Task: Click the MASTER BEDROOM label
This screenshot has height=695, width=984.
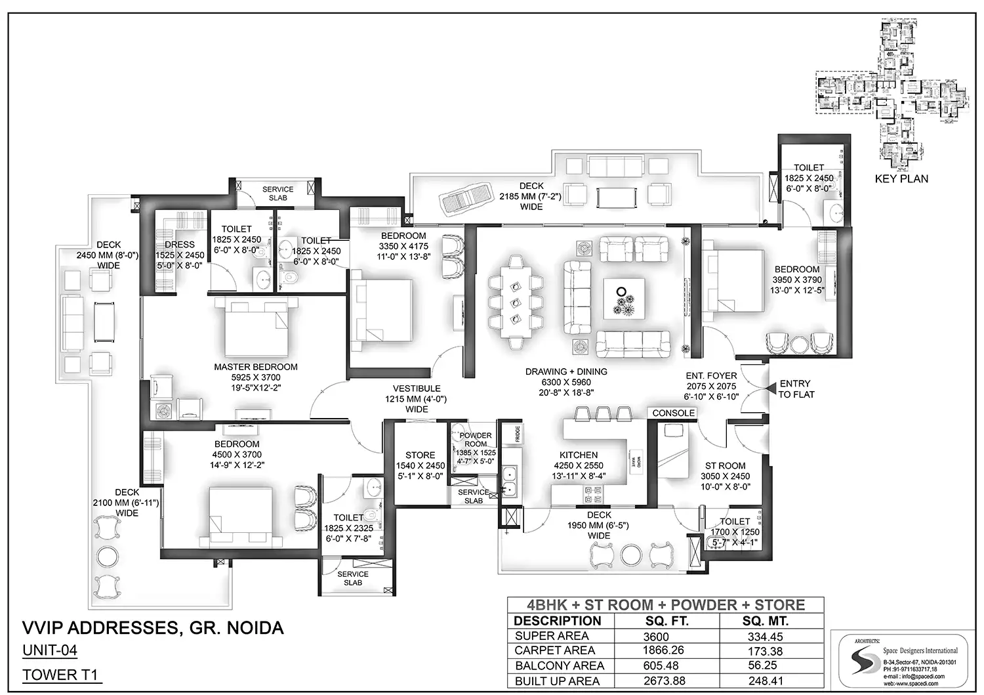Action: point(256,367)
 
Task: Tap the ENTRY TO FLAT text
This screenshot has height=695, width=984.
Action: point(796,389)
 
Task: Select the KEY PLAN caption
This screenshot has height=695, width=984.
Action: point(901,179)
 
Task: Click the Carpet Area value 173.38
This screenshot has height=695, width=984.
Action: point(765,651)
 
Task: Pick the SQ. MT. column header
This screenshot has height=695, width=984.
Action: point(765,621)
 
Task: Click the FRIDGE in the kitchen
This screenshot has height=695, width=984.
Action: point(518,434)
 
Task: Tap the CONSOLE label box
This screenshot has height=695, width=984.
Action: point(673,413)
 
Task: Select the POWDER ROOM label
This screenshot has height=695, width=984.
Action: point(476,440)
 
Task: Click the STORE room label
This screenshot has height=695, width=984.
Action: point(420,455)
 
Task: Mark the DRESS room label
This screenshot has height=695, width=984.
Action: point(179,245)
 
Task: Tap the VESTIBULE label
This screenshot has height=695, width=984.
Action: point(417,389)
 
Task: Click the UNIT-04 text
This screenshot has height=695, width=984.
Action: point(50,651)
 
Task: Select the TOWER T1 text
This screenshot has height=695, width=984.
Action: point(62,675)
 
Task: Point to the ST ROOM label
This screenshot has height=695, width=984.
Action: point(725,465)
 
